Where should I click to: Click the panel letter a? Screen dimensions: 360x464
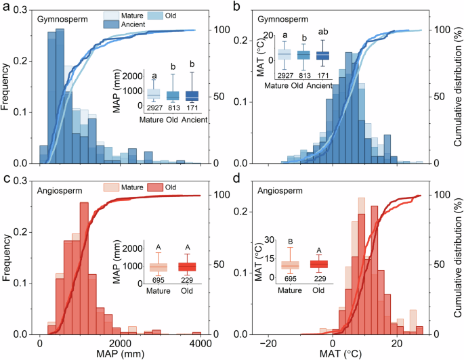[5, 7]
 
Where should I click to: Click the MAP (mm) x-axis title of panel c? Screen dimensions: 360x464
[124, 353]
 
